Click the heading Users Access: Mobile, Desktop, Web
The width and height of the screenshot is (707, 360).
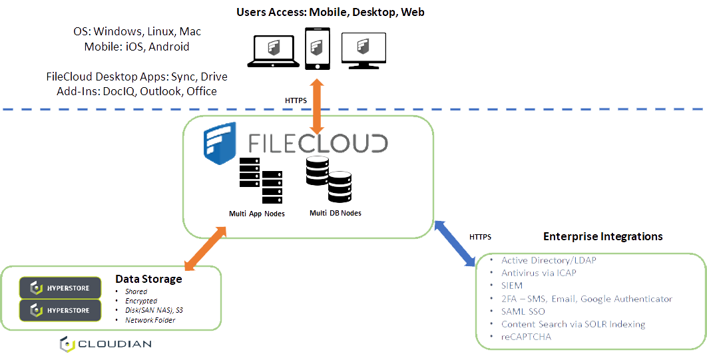tap(330, 12)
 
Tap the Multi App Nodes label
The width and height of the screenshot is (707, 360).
tap(257, 214)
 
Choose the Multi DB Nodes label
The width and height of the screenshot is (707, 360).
tap(336, 213)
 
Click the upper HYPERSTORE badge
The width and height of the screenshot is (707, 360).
tap(61, 287)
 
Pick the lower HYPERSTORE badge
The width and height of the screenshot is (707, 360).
tap(61, 310)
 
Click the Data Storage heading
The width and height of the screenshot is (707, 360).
tap(148, 279)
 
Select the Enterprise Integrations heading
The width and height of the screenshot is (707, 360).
tap(603, 236)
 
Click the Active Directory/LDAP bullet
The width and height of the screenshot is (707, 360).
tap(549, 260)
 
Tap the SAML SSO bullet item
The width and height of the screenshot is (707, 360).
tap(523, 311)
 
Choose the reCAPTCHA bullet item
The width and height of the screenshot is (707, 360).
tap(526, 337)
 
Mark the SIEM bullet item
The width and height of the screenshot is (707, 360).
tap(512, 285)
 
